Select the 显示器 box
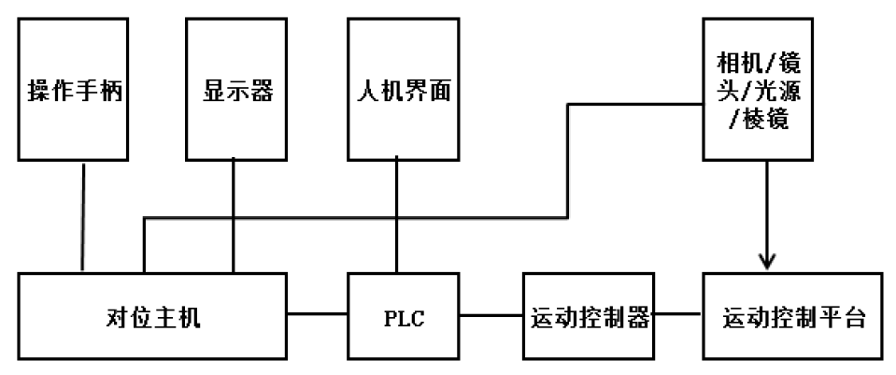234,90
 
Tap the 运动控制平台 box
792,317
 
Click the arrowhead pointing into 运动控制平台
767,262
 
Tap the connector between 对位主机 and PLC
318,315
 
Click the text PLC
404,317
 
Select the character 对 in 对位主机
115,317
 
